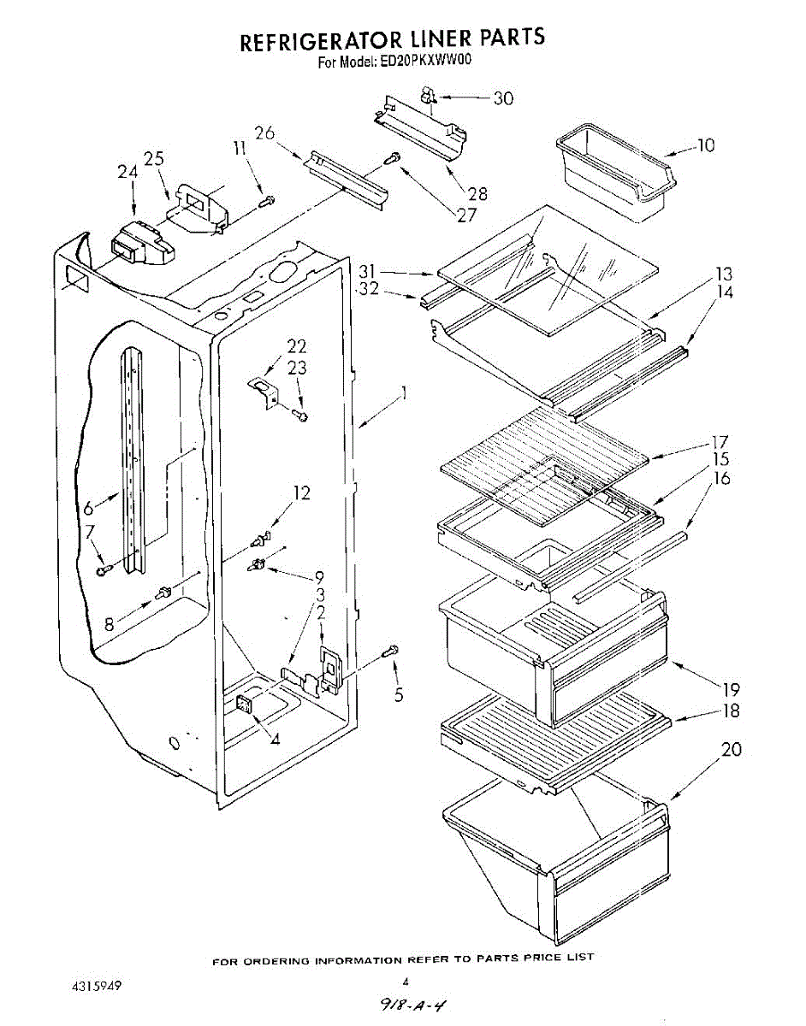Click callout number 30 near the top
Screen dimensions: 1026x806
pyautogui.click(x=503, y=98)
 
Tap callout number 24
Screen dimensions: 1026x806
pyautogui.click(x=127, y=172)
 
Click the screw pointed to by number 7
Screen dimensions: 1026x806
pyautogui.click(x=104, y=570)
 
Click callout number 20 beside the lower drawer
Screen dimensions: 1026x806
pyautogui.click(x=731, y=750)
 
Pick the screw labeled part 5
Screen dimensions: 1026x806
pyautogui.click(x=393, y=652)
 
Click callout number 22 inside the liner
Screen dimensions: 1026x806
pyautogui.click(x=297, y=347)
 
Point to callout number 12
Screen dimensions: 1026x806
pyautogui.click(x=300, y=492)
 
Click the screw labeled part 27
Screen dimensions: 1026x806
pyautogui.click(x=395, y=157)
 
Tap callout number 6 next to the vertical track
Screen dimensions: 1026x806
pyautogui.click(x=89, y=508)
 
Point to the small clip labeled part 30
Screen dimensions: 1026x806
pyautogui.click(x=428, y=98)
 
